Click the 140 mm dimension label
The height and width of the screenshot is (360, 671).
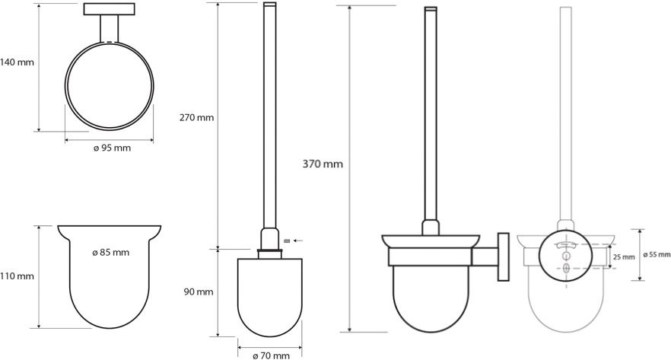pos(17,62)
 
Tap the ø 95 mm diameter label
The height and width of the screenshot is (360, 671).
pos(112,148)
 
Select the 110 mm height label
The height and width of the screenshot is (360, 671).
pos(17,276)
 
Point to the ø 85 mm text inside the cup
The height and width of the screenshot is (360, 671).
pos(110,253)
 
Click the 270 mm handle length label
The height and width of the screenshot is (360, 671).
pos(196,117)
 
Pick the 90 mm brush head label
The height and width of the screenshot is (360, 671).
pos(199,292)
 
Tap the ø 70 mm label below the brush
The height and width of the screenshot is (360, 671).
pos(271,355)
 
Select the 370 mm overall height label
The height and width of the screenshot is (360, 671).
pos(323,164)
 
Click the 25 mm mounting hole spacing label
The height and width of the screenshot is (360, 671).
pos(624,256)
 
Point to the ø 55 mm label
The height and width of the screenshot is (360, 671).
pos(657,255)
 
